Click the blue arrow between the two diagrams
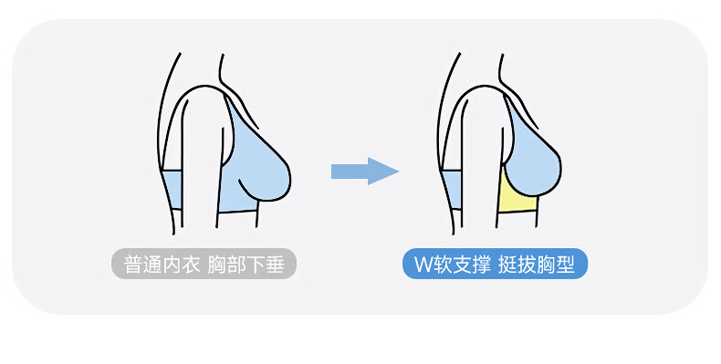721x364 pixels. [365, 172]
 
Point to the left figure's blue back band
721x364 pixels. [172, 190]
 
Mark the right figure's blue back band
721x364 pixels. [452, 190]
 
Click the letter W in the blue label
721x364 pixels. [423, 265]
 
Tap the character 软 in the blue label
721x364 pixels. [443, 265]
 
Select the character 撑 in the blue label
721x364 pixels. [481, 265]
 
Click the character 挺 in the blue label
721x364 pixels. [507, 265]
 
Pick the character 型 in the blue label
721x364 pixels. [566, 265]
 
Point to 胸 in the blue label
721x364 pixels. [547, 265]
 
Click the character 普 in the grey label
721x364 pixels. [132, 265]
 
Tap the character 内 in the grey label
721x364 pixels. [171, 265]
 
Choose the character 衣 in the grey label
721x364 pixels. [191, 265]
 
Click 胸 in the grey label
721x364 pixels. [217, 265]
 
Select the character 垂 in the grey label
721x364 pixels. [275, 265]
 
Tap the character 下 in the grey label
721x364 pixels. [256, 265]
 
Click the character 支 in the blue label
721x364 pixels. [462, 265]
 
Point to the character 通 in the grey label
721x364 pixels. [152, 265]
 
